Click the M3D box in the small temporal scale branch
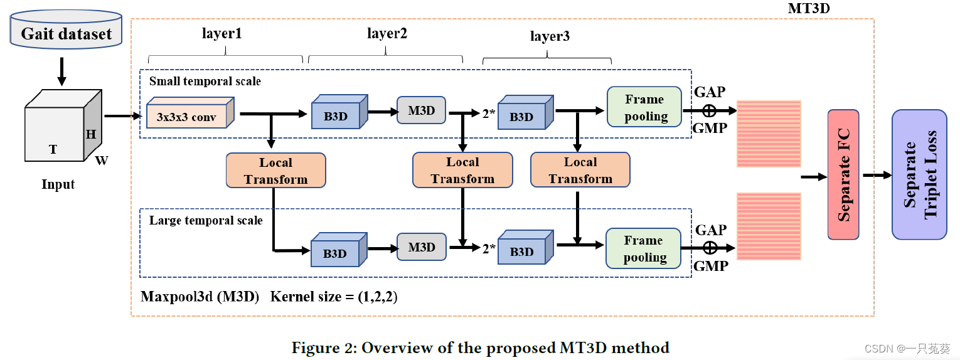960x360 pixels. [x=421, y=110]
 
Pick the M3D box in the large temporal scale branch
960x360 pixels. [x=421, y=247]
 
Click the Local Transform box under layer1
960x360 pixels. [x=275, y=171]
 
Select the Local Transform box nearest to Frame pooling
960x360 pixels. [x=580, y=170]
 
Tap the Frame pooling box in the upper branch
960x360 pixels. [x=644, y=108]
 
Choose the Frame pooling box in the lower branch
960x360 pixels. [x=644, y=248]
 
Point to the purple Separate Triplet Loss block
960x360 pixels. [x=919, y=174]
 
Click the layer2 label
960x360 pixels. [x=387, y=34]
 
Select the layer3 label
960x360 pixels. [x=550, y=36]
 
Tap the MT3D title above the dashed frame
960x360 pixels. [x=809, y=9]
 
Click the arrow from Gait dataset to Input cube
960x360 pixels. [x=61, y=71]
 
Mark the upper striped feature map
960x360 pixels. [x=769, y=134]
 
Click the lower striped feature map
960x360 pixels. [x=769, y=226]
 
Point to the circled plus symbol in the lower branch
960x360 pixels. [x=710, y=248]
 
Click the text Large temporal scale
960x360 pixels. [x=206, y=220]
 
